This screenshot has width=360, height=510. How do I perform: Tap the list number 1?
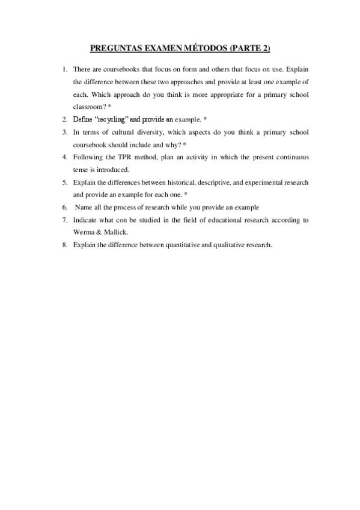coord(65,69)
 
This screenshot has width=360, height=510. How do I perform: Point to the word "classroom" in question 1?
coord(88,106)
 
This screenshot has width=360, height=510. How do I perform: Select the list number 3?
coord(65,132)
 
